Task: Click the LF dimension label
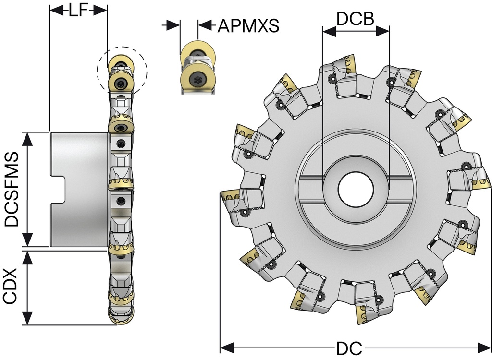78,11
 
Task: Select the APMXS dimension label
248,25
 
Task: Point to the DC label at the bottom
349,349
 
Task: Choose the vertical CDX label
11,286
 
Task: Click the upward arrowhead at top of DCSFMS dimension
28,138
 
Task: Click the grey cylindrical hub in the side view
79,189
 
